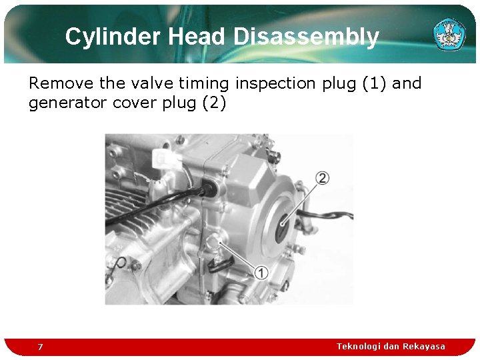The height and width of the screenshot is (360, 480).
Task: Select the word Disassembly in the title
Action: point(306,37)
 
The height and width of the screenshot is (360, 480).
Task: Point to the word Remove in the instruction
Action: point(61,83)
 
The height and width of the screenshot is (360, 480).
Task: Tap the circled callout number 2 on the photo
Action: point(323,178)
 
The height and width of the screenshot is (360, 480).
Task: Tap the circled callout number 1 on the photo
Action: point(261,272)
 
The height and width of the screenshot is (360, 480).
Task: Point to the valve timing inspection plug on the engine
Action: point(215,241)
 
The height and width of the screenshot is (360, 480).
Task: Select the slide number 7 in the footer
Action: point(40,347)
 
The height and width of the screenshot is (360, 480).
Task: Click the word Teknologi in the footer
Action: point(361,346)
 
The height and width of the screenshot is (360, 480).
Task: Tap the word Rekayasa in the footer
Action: point(424,346)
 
